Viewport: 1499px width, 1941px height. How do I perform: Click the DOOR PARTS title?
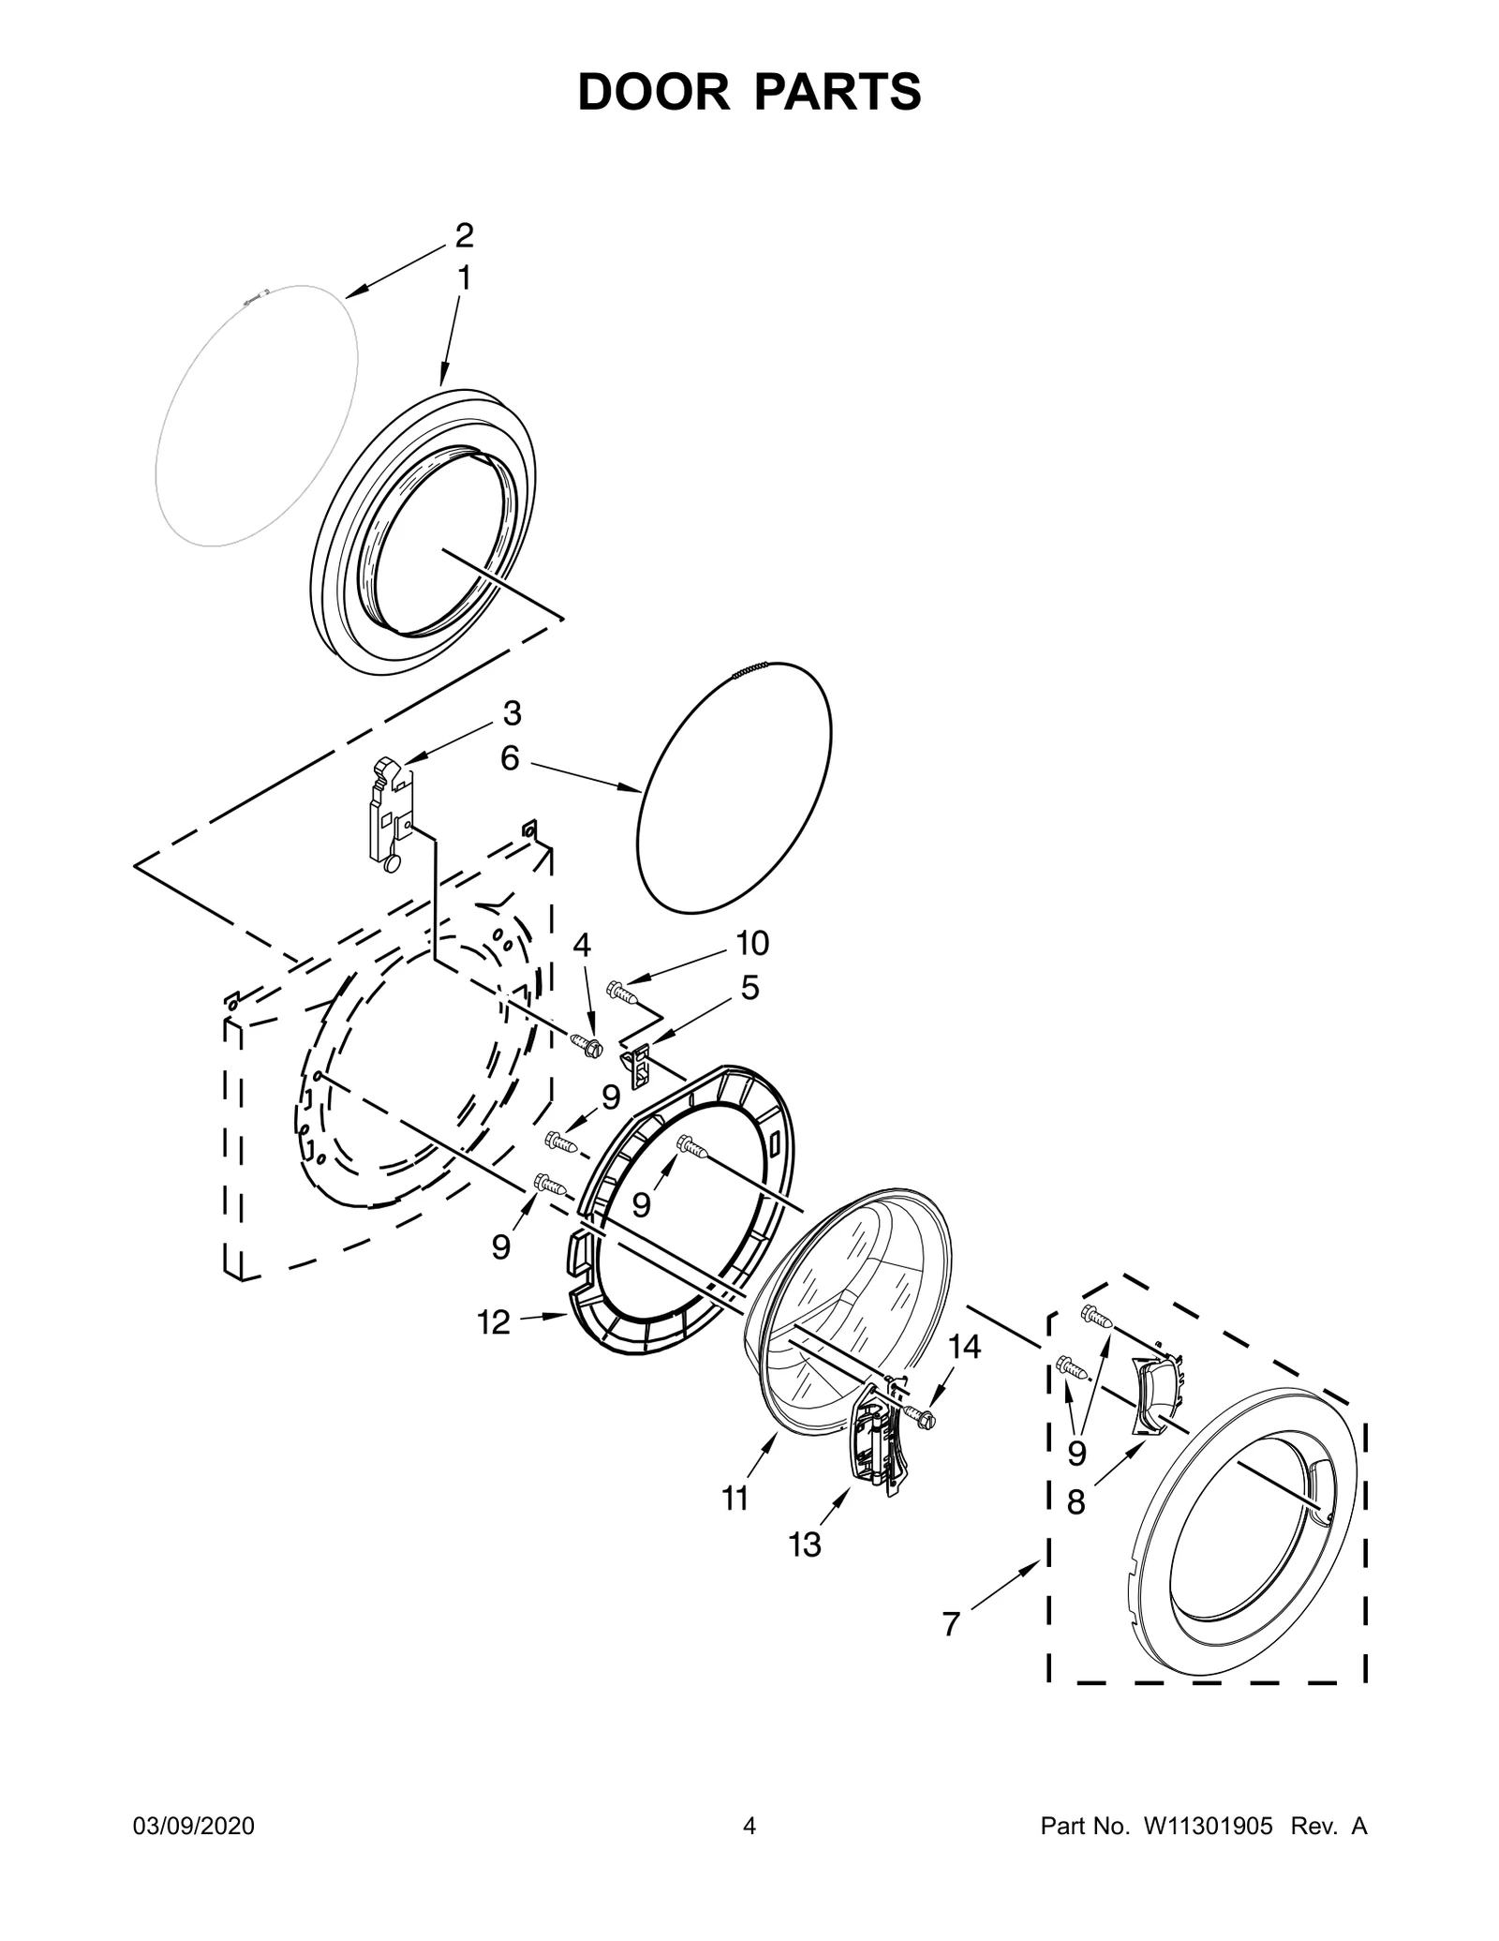click(x=749, y=93)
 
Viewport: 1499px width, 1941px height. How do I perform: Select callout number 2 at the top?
click(x=464, y=235)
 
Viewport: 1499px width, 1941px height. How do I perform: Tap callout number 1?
click(x=463, y=278)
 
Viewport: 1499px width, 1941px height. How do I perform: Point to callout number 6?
click(x=510, y=758)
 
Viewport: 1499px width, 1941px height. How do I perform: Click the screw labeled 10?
click(x=622, y=991)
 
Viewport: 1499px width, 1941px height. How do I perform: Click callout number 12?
click(x=494, y=1322)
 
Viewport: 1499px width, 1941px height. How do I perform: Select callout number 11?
click(x=735, y=1499)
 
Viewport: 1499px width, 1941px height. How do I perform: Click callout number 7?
click(x=951, y=1623)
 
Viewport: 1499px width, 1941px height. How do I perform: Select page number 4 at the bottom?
click(x=749, y=1852)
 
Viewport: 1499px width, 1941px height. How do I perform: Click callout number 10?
click(x=751, y=944)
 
